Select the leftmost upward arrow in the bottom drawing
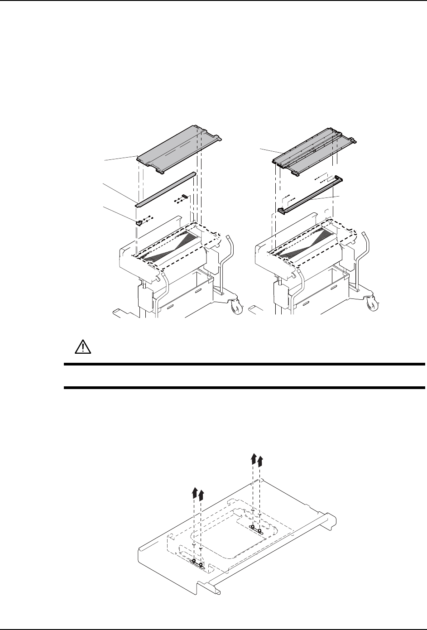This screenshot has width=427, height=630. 194,492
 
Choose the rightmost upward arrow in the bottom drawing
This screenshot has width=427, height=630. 260,461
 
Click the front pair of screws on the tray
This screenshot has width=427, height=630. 197,563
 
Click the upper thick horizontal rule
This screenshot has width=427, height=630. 244,364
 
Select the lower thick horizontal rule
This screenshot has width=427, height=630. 244,388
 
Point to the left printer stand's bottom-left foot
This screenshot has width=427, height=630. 119,312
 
